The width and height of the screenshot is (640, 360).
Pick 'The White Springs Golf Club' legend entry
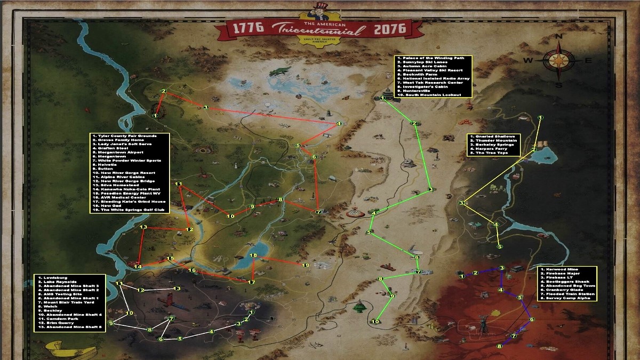tap(130, 211)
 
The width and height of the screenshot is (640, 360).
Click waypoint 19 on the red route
tap(306, 265)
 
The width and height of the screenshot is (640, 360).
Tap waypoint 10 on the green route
tap(375, 321)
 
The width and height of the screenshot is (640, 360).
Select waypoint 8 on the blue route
tap(500, 346)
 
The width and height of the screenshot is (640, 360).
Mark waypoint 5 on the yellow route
tap(499, 246)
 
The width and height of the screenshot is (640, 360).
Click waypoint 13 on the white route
tap(177, 289)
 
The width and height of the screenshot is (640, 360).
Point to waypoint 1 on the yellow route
tap(541, 117)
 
